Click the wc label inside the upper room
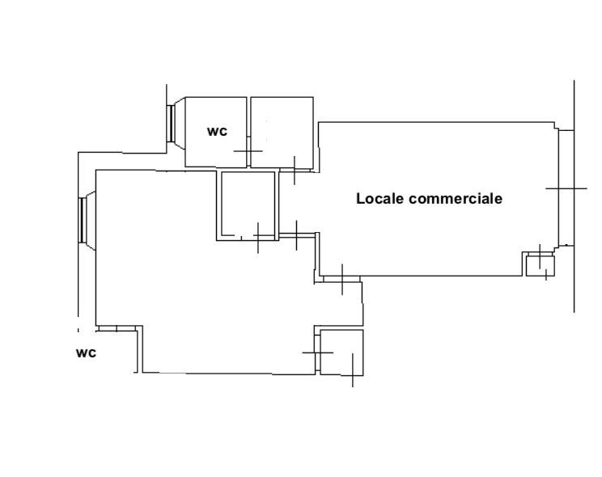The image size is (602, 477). pos(217,132)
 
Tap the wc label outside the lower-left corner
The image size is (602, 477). pos(86,352)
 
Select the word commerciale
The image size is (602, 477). pos(456,198)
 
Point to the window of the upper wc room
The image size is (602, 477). pos(172,124)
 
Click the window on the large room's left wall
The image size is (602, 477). pos(82,220)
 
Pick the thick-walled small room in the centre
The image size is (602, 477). pos(248,205)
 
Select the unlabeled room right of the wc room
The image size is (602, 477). pos(282,132)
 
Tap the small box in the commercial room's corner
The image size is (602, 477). pos(541,266)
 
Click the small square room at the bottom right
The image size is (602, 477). pos(341,352)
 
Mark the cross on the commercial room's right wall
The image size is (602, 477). pos(566,188)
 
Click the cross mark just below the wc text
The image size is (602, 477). pos(248,151)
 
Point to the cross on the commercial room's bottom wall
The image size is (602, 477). pos(342,280)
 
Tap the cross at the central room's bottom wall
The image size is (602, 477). pos(258,238)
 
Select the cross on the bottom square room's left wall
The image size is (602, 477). pos(317,352)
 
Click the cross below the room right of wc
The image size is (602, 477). pos(295,170)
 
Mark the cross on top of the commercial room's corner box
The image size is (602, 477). pos(540,256)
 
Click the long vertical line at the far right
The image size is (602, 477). pos(574,196)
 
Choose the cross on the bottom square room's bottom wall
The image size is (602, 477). pos(353,370)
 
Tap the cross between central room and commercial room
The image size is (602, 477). pos(296,235)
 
